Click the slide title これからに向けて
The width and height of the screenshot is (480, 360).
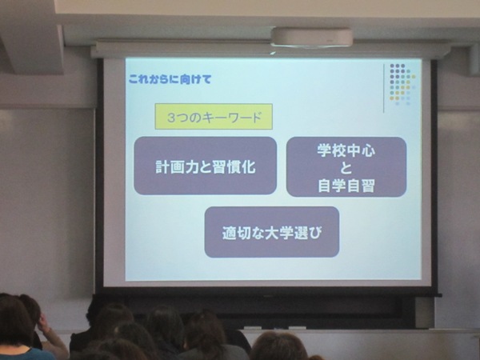tap(170, 79)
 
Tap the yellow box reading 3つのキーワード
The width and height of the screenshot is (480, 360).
tap(214, 117)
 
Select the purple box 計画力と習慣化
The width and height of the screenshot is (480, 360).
tap(206, 166)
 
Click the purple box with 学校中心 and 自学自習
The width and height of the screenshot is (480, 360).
tap(346, 167)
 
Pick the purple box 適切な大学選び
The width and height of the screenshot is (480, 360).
tap(272, 232)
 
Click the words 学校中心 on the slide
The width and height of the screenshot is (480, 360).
tap(346, 150)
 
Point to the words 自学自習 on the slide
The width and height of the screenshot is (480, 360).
tap(346, 186)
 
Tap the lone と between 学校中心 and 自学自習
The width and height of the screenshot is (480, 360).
tap(346, 168)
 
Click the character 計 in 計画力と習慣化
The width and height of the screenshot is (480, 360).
tap(162, 167)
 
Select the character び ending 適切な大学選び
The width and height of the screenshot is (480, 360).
tap(314, 233)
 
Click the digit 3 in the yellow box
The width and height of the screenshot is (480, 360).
tap(171, 118)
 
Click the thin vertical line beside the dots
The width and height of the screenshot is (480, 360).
tap(384, 88)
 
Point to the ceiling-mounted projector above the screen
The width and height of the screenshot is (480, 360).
tap(311, 37)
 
